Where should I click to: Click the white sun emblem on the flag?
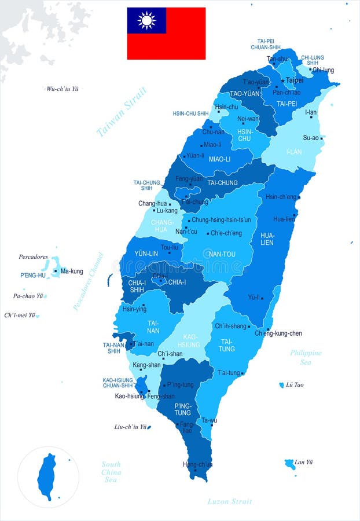(146, 20)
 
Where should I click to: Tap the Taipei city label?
(295, 80)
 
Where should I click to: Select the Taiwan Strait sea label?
(122, 111)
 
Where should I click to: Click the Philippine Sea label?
(306, 357)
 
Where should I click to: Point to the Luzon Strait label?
(230, 501)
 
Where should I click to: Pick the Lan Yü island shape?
(290, 464)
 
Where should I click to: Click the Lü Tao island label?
(295, 385)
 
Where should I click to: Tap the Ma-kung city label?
(72, 271)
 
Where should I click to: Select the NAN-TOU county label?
(222, 254)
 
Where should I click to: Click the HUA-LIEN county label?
(267, 239)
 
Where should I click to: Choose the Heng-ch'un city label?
(197, 464)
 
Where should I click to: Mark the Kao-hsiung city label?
(129, 397)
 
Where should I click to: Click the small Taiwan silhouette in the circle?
(47, 476)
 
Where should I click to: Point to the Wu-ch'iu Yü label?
(63, 89)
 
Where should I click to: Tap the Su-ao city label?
(311, 138)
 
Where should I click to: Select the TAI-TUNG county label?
(226, 345)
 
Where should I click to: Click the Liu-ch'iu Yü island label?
(130, 427)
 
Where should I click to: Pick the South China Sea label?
(111, 472)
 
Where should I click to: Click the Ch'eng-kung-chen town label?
(278, 333)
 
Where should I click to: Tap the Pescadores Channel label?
(89, 281)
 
